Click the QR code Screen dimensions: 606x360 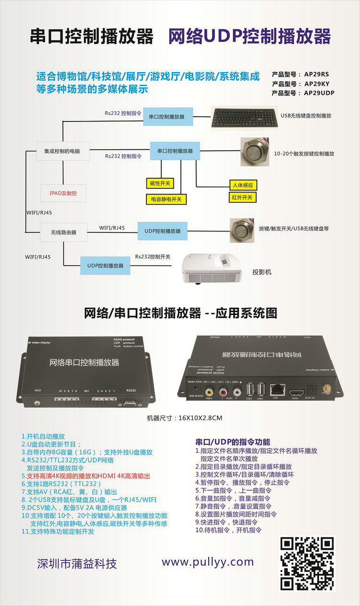pyautogui.click(x=307, y=563)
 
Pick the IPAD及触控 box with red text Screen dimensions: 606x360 pyautogui.click(x=63, y=193)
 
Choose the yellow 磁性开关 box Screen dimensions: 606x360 pyautogui.click(x=160, y=183)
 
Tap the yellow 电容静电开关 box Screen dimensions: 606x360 pyautogui.click(x=166, y=199)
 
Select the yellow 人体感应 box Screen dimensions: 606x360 pyautogui.click(x=242, y=185)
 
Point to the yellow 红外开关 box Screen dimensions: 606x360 pyautogui.click(x=242, y=197)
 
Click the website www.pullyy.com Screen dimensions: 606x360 pyautogui.click(x=207, y=562)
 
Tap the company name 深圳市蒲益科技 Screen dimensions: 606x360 pyautogui.click(x=77, y=563)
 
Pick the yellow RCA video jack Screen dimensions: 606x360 pyautogui.click(x=210, y=392)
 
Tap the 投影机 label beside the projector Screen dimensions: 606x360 pyautogui.click(x=262, y=272)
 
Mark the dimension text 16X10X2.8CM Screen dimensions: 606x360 pyautogui.click(x=185, y=418)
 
